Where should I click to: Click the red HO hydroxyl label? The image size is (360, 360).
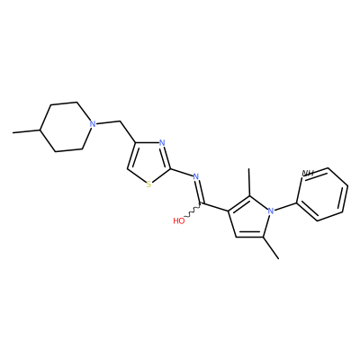(x=179, y=221)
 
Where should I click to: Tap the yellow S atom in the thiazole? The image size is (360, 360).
(x=148, y=184)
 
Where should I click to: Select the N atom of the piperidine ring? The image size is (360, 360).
(x=94, y=123)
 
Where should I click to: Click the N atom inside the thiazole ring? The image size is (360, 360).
(x=162, y=142)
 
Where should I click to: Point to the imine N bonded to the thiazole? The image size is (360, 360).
(x=196, y=176)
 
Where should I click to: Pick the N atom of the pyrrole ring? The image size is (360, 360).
(x=271, y=211)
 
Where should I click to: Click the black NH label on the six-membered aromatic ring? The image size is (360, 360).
(x=308, y=173)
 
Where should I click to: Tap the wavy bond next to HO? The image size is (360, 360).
(x=193, y=211)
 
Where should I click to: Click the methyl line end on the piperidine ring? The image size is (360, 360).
(x=13, y=132)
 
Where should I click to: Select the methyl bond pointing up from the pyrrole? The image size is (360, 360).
(x=249, y=183)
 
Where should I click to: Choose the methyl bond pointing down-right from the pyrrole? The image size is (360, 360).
(x=271, y=247)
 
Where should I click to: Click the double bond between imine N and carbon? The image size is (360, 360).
(x=200, y=192)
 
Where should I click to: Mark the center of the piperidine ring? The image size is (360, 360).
(x=66, y=127)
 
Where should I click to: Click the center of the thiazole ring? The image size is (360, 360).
(x=150, y=161)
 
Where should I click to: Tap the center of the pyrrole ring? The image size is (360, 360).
(x=249, y=218)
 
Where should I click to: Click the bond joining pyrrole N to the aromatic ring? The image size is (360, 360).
(x=285, y=207)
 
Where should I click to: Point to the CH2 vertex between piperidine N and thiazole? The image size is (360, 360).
(x=120, y=121)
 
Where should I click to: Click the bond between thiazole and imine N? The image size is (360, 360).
(x=182, y=172)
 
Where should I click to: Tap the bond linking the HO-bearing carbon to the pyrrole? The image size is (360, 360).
(x=215, y=208)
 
